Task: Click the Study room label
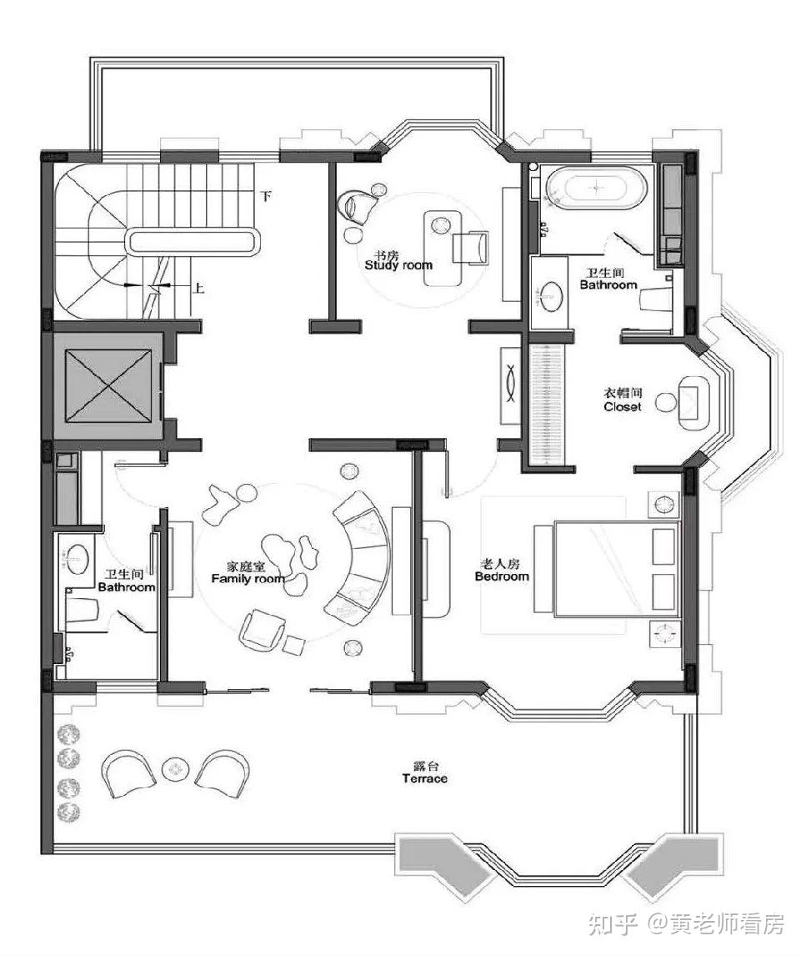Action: tap(399, 265)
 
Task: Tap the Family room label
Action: tap(248, 578)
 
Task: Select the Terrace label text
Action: tap(424, 778)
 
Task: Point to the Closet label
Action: tap(623, 406)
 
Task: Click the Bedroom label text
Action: tap(502, 576)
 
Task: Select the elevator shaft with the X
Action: tap(108, 386)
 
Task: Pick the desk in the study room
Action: tap(443, 248)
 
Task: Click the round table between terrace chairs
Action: tap(175, 769)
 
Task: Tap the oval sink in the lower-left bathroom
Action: tap(78, 558)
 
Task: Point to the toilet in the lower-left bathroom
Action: tap(81, 609)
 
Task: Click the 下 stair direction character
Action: tap(266, 196)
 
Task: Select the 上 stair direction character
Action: tap(198, 287)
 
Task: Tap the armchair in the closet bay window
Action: tap(692, 403)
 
